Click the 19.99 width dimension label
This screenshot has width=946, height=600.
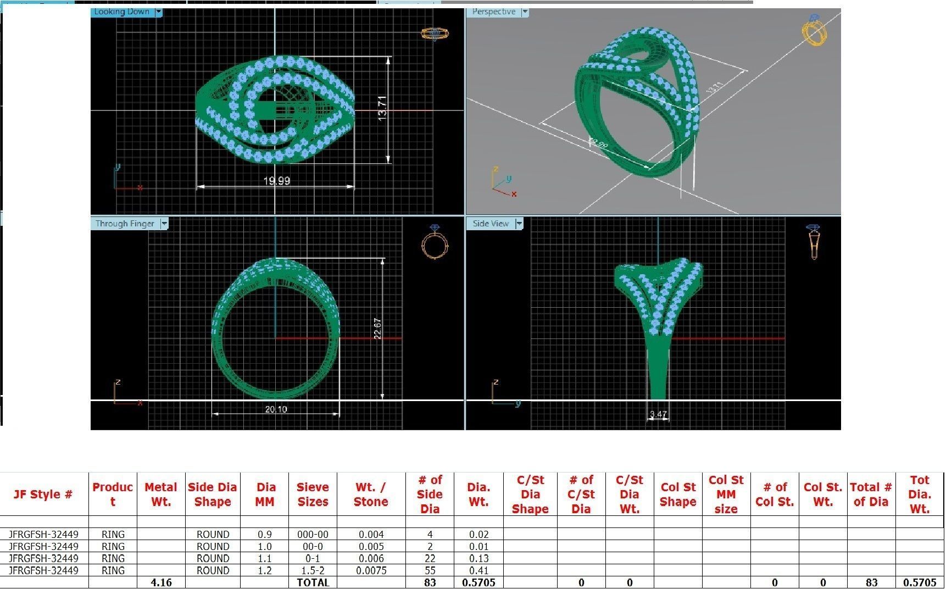[x=276, y=181]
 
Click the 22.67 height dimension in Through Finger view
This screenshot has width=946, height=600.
[x=377, y=328]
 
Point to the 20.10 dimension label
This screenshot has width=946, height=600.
[x=275, y=409]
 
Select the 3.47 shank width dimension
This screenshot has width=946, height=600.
[x=658, y=414]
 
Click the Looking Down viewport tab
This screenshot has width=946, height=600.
[x=121, y=12]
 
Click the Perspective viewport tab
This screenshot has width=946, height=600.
[x=493, y=12]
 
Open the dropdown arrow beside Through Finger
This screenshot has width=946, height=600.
[x=164, y=224]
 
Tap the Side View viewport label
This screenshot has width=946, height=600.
[x=491, y=224]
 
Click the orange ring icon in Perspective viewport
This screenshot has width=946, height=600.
[x=814, y=30]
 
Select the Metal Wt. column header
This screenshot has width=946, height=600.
[x=161, y=494]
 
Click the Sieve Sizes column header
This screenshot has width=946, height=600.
[x=313, y=494]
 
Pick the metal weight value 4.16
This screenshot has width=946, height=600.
[x=161, y=582]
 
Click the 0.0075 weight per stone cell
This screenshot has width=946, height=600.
[x=371, y=570]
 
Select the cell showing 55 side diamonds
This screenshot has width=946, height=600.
[x=430, y=570]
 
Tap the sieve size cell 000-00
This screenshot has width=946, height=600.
[x=313, y=534]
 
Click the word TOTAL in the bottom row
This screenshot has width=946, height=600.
[x=313, y=582]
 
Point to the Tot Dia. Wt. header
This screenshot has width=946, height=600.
[x=919, y=494]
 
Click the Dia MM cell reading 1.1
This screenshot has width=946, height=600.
[x=264, y=558]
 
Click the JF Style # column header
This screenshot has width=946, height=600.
[x=43, y=494]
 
